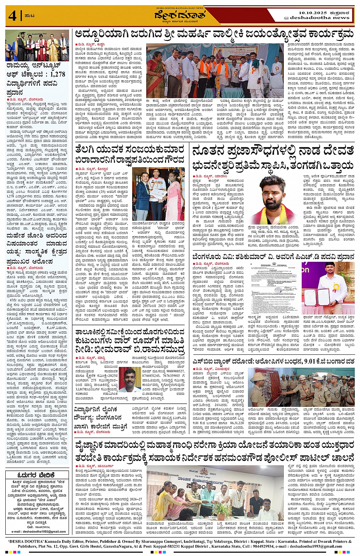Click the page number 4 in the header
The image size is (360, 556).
12,16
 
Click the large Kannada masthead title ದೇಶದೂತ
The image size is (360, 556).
180,16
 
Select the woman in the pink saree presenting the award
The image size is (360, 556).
175,198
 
